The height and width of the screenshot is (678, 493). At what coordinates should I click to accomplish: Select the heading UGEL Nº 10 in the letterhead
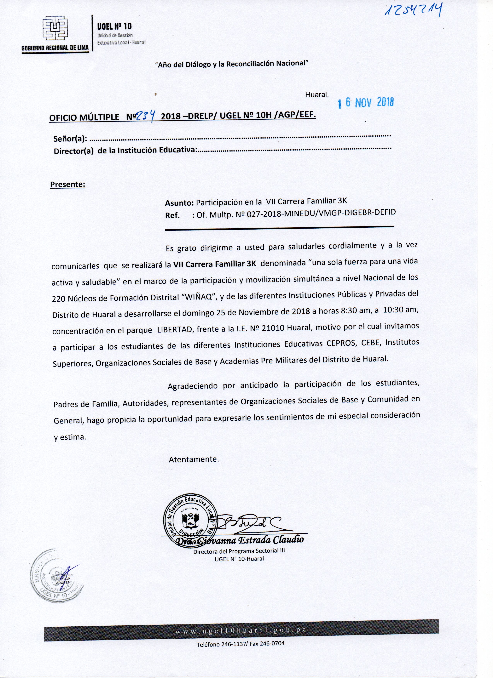pyautogui.click(x=114, y=27)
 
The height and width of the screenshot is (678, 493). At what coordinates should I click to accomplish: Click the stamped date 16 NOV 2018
pyautogui.click(x=366, y=103)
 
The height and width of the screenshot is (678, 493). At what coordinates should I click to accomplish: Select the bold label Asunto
pyautogui.click(x=179, y=203)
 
